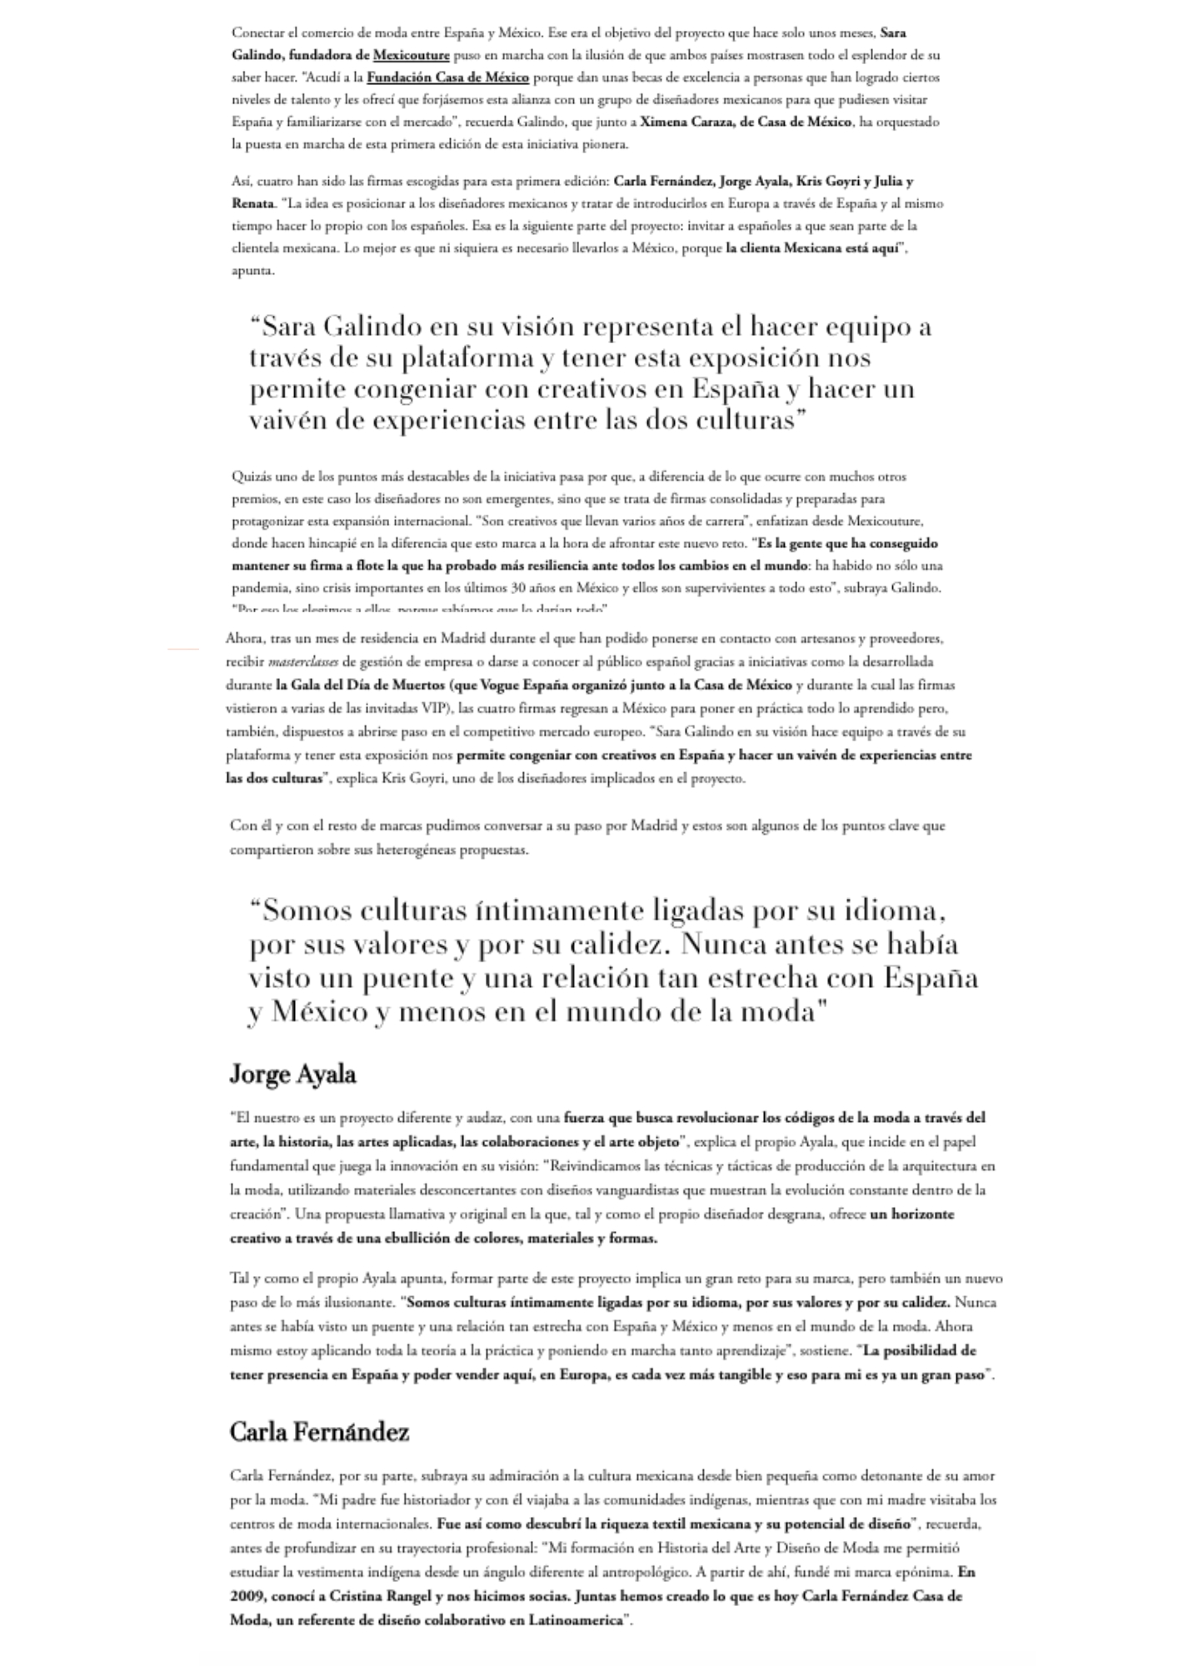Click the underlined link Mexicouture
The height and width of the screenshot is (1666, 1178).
pyautogui.click(x=411, y=56)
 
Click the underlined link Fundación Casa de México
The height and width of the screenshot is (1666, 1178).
pyautogui.click(x=447, y=77)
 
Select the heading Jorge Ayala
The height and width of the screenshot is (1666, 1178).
pyautogui.click(x=292, y=1075)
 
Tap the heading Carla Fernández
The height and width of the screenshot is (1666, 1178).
pyautogui.click(x=319, y=1432)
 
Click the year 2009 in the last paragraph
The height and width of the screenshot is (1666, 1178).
pyautogui.click(x=246, y=1597)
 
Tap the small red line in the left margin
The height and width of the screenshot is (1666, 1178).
pyautogui.click(x=184, y=647)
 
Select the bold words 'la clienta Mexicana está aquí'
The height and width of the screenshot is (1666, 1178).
pyautogui.click(x=811, y=248)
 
